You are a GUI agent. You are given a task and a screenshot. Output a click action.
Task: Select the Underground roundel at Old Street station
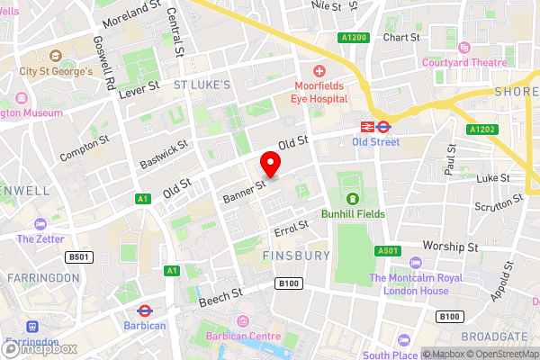click(383, 127)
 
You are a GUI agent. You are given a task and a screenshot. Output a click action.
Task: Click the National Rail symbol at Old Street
click(367, 127)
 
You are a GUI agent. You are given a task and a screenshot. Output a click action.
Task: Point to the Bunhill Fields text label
click(353, 214)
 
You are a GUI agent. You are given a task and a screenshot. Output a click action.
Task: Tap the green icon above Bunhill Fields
click(352, 198)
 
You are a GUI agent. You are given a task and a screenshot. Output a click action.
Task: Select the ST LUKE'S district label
click(202, 85)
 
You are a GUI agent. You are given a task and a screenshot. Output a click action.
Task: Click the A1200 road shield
click(353, 38)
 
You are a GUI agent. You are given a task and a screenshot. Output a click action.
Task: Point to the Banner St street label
click(243, 191)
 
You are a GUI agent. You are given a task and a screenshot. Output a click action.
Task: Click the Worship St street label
click(451, 246)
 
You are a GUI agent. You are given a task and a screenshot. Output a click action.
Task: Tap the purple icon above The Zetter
click(40, 223)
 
